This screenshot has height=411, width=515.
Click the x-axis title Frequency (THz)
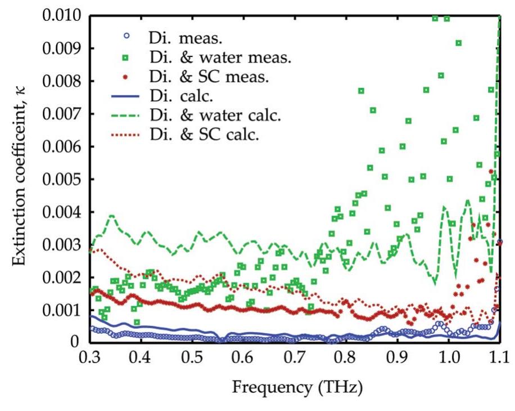(295, 388)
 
